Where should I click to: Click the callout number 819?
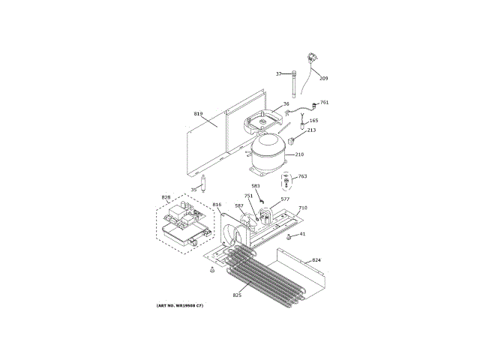tap(198, 113)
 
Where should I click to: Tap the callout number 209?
tap(323, 78)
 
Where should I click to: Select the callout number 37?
tap(278, 73)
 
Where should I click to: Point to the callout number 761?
tap(324, 103)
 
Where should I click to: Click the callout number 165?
tap(313, 121)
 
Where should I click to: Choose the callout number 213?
tap(311, 130)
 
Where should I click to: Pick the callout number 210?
tap(299, 154)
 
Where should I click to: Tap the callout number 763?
tap(302, 177)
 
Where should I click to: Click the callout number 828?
tap(166, 198)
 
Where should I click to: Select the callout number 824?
tap(316, 260)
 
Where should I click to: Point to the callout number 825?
tap(237, 295)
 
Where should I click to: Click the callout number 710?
tap(303, 208)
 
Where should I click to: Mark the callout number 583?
tap(256, 186)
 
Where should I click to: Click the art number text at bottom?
tap(179, 305)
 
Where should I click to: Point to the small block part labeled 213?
tap(295, 138)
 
